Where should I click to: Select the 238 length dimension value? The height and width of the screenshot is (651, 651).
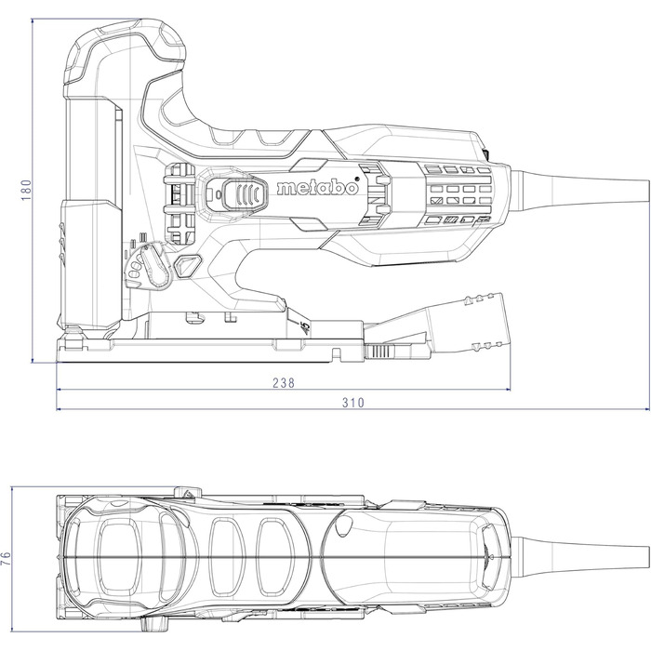pos(286,383)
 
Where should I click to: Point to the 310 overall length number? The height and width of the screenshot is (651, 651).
pos(352,403)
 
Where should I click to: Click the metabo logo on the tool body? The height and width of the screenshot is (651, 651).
pos(317,189)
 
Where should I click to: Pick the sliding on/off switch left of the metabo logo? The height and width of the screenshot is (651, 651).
pos(239,196)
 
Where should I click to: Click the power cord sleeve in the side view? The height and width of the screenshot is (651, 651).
pos(577,187)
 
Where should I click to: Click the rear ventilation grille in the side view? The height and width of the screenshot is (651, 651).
pos(456,195)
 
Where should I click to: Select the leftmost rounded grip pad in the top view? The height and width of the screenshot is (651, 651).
pos(116,555)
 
